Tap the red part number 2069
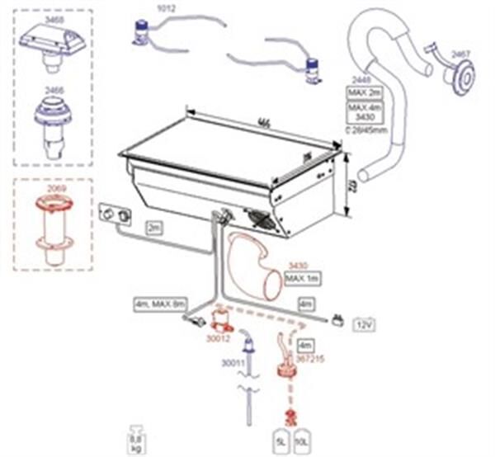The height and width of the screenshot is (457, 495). [x=56, y=189]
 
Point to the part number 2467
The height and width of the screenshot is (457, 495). [x=460, y=54]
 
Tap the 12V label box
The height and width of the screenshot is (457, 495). [x=364, y=327]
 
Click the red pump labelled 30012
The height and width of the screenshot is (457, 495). [x=220, y=319]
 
